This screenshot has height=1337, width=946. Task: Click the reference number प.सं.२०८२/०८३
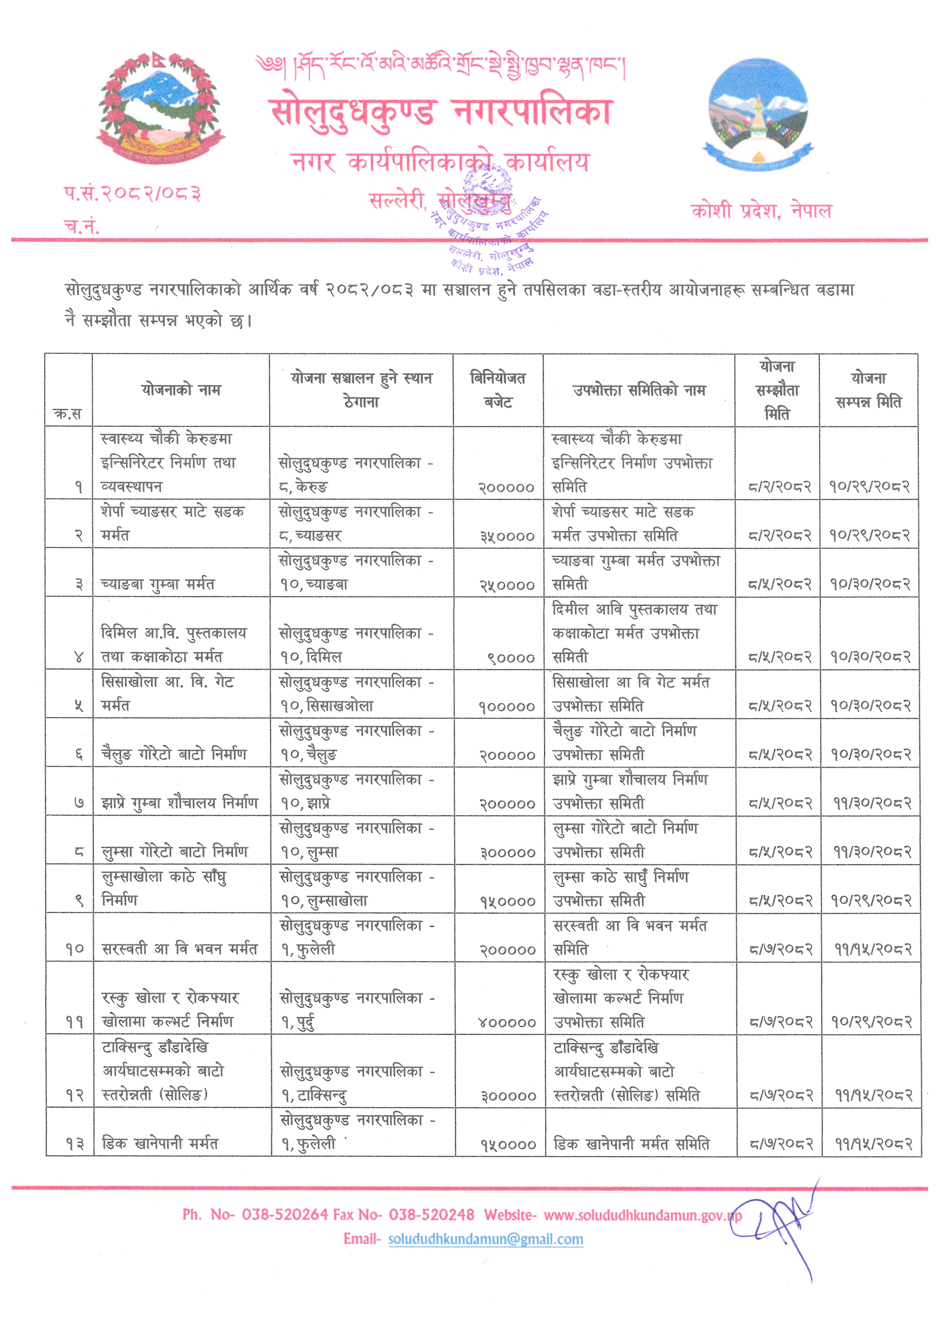click(x=133, y=193)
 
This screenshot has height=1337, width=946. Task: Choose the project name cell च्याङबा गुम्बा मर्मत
click(x=158, y=584)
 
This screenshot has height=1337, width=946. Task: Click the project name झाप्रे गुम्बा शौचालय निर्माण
click(x=179, y=803)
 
